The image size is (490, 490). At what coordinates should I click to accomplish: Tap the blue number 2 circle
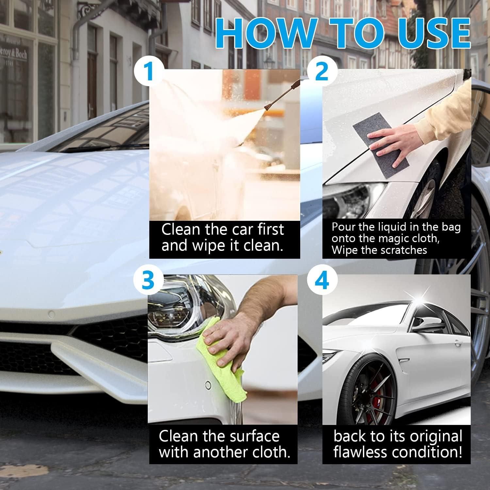point(322,72)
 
